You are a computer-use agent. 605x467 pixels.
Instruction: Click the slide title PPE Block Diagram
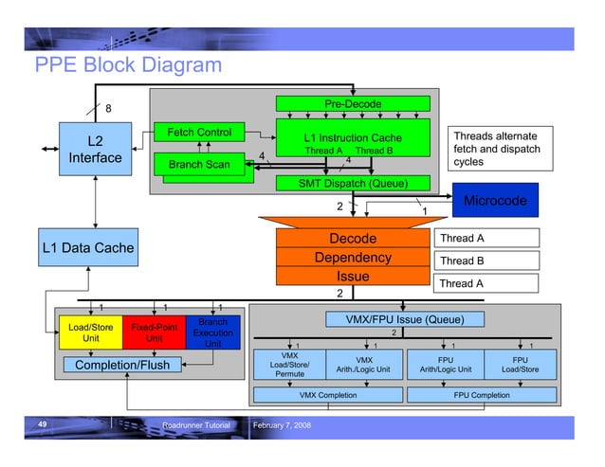click(x=128, y=65)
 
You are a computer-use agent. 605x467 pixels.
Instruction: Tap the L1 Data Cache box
click(x=87, y=248)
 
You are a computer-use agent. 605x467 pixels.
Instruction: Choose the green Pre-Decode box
click(x=353, y=103)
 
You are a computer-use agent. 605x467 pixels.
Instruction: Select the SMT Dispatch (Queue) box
click(x=353, y=182)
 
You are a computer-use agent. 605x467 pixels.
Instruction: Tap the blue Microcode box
click(x=494, y=201)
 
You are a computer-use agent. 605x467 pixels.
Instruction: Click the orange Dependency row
click(x=352, y=258)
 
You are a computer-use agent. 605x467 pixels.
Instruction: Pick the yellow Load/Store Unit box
click(x=91, y=332)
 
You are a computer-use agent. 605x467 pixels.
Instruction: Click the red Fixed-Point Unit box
click(x=154, y=332)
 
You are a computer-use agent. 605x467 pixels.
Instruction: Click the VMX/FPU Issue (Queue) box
click(x=404, y=319)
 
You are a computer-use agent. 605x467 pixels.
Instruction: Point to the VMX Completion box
click(x=328, y=394)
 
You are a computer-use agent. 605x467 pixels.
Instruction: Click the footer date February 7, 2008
click(x=284, y=426)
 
